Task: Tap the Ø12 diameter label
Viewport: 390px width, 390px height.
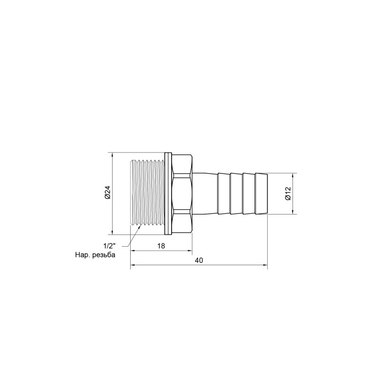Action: tap(288, 194)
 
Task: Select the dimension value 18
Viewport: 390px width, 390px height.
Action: tap(161, 246)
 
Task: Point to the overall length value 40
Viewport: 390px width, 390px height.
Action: tap(198, 260)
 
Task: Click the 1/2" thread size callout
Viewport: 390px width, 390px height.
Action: tap(111, 245)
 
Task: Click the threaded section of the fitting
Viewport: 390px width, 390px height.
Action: tap(149, 193)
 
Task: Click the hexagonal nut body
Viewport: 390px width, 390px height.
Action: tap(182, 193)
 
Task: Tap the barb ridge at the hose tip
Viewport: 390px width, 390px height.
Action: tap(261, 193)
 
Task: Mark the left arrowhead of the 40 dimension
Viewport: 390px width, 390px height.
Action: tap(132, 266)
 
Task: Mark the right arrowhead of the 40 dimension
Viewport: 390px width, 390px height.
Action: tap(266, 266)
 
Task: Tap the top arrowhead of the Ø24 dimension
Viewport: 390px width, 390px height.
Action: tap(113, 154)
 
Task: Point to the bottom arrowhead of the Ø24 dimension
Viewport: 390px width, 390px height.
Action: tap(113, 233)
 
